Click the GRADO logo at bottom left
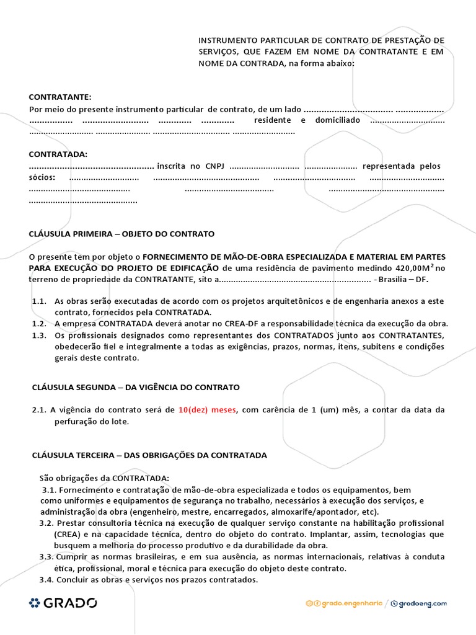(63, 602)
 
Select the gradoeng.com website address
(423, 603)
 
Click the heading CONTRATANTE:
(60, 97)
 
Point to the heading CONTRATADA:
(58, 154)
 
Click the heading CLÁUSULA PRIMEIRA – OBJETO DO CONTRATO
(121, 234)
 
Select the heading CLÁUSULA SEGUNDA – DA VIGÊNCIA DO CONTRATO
(136, 387)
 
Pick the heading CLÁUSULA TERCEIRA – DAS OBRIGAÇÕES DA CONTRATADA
(149, 455)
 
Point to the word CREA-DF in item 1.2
(214, 324)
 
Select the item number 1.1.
(40, 301)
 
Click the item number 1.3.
(40, 335)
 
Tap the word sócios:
(42, 178)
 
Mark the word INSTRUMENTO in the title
(227, 40)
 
